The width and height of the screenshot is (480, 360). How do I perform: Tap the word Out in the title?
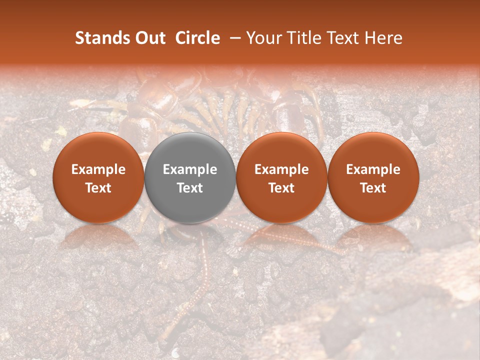point(149,38)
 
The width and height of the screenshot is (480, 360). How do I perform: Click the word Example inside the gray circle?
point(190,169)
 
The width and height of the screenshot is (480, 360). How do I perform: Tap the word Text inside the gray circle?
point(190,188)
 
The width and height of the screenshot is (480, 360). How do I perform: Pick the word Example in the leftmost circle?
point(98,169)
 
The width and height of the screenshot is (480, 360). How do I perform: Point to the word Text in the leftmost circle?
point(98,188)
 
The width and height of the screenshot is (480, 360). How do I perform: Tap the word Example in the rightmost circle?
point(373,169)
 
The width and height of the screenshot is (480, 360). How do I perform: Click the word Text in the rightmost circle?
point(373,188)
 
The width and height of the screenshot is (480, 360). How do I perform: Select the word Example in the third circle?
point(281,169)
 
